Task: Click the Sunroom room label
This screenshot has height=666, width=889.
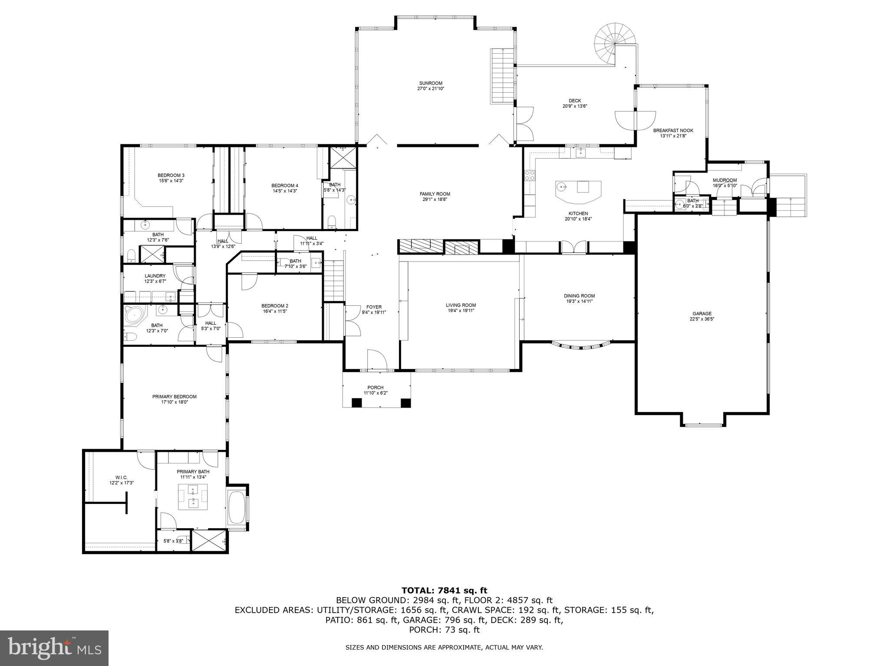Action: click(x=431, y=83)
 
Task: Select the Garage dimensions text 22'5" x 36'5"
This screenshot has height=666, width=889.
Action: click(x=702, y=319)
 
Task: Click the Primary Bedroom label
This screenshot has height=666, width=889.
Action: click(x=174, y=396)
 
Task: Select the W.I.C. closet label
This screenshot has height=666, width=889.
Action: click(x=122, y=477)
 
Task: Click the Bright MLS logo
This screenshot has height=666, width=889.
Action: click(x=54, y=648)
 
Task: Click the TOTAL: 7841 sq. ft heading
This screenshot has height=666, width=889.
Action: click(x=444, y=590)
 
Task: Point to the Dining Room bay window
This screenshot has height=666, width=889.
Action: click(x=581, y=346)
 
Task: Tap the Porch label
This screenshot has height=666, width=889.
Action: click(x=375, y=388)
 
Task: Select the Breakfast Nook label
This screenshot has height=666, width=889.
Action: click(x=673, y=130)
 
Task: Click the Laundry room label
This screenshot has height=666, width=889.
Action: click(x=155, y=276)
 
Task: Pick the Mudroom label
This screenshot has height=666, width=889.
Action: click(x=724, y=180)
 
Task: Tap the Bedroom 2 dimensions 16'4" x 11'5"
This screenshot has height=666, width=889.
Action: click(x=275, y=311)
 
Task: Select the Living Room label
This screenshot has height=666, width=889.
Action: click(x=461, y=305)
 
